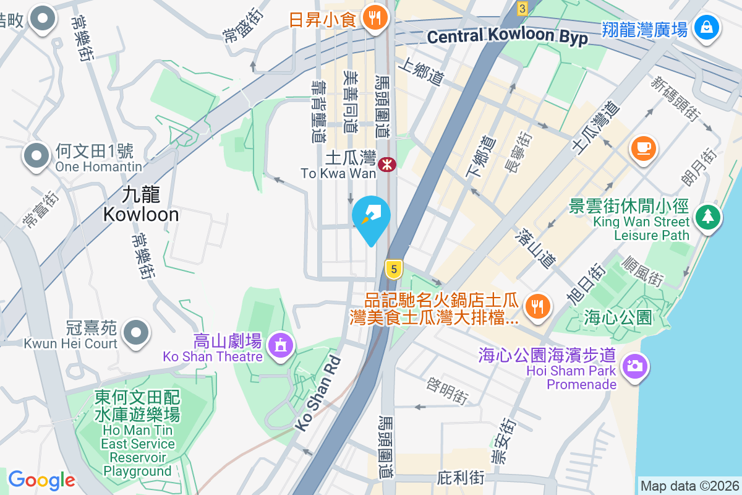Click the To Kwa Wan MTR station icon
click(x=388, y=164)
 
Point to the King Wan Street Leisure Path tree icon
click(x=708, y=216)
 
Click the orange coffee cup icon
click(x=643, y=148)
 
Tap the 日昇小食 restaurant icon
click(x=373, y=17)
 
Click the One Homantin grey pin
click(x=36, y=155)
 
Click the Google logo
click(x=41, y=480)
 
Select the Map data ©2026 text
click(x=689, y=486)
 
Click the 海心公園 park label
click(x=618, y=318)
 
